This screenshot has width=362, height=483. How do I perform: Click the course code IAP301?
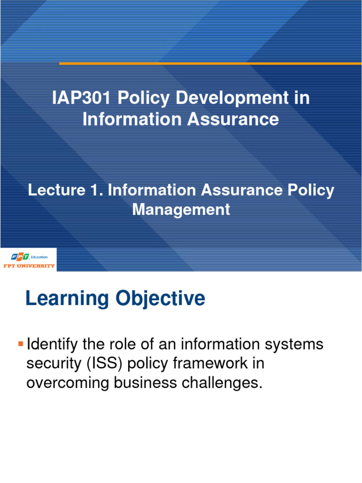point(81,99)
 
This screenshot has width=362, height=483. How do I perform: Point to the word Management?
point(181,209)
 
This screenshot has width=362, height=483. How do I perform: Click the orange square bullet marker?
point(20,343)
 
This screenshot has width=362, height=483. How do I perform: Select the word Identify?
point(51,344)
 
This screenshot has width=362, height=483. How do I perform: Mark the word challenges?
point(222,383)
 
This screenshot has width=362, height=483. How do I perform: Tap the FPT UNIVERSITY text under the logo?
point(30,266)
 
